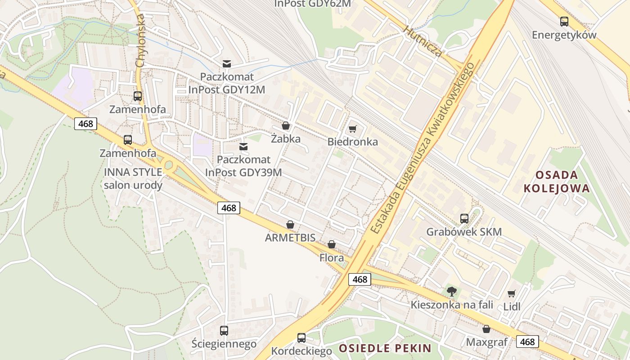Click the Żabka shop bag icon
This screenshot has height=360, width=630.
click(285, 126)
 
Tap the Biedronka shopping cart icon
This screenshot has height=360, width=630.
click(352, 129)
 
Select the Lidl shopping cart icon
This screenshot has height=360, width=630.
click(512, 294)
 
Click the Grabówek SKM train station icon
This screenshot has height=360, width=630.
click(464, 219)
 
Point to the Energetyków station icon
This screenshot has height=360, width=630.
click(564, 21)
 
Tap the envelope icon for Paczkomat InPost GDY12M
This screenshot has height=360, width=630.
click(227, 64)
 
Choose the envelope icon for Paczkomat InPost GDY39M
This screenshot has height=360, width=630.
click(243, 146)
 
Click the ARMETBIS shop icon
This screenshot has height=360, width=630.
click(290, 224)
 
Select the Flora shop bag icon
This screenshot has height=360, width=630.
click(332, 244)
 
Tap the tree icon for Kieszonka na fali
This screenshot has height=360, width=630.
click(452, 292)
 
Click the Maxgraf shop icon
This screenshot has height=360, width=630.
click(486, 329)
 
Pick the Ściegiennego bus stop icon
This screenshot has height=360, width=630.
click(224, 331)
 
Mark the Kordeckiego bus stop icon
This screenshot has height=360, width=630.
click(301, 337)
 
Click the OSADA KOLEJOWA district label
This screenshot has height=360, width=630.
click(556, 181)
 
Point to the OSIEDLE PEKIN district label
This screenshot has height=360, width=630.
click(385, 348)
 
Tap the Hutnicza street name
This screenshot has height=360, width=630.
click(423, 41)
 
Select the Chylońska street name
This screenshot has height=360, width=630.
click(140, 40)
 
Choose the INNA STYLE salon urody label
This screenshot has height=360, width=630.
click(133, 179)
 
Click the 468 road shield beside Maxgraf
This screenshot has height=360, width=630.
click(527, 342)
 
